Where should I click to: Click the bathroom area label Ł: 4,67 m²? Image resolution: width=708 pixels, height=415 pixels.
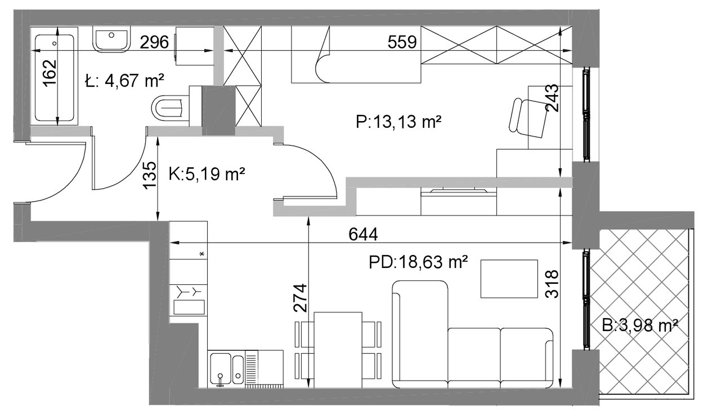pyautogui.click(x=124, y=81)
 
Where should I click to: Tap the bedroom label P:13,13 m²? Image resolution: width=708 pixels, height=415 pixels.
pyautogui.click(x=398, y=121)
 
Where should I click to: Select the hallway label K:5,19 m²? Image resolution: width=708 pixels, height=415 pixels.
pyautogui.click(x=207, y=173)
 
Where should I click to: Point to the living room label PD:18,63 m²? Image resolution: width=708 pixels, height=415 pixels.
pyautogui.click(x=418, y=262)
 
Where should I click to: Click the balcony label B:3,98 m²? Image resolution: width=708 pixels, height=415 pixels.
pyautogui.click(x=640, y=325)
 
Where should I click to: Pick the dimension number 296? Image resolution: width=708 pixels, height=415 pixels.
pyautogui.click(x=154, y=42)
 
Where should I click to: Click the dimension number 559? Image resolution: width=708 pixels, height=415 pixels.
pyautogui.click(x=402, y=42)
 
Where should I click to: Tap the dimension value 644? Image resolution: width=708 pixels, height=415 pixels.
pyautogui.click(x=363, y=235)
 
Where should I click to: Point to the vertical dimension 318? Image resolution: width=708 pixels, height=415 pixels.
pyautogui.click(x=552, y=284)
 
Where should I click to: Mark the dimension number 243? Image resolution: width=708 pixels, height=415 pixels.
pyautogui.click(x=552, y=98)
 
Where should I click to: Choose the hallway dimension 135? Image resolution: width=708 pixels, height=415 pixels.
pyautogui.click(x=150, y=176)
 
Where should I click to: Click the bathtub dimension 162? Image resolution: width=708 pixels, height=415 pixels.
pyautogui.click(x=50, y=73)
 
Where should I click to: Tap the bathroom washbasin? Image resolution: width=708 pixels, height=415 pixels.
pyautogui.click(x=111, y=39)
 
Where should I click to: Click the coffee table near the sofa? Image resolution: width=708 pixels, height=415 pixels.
pyautogui.click(x=509, y=279)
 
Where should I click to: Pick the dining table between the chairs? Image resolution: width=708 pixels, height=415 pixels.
pyautogui.click(x=338, y=350)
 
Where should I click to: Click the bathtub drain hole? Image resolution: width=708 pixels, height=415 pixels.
pyautogui.click(x=55, y=43)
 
